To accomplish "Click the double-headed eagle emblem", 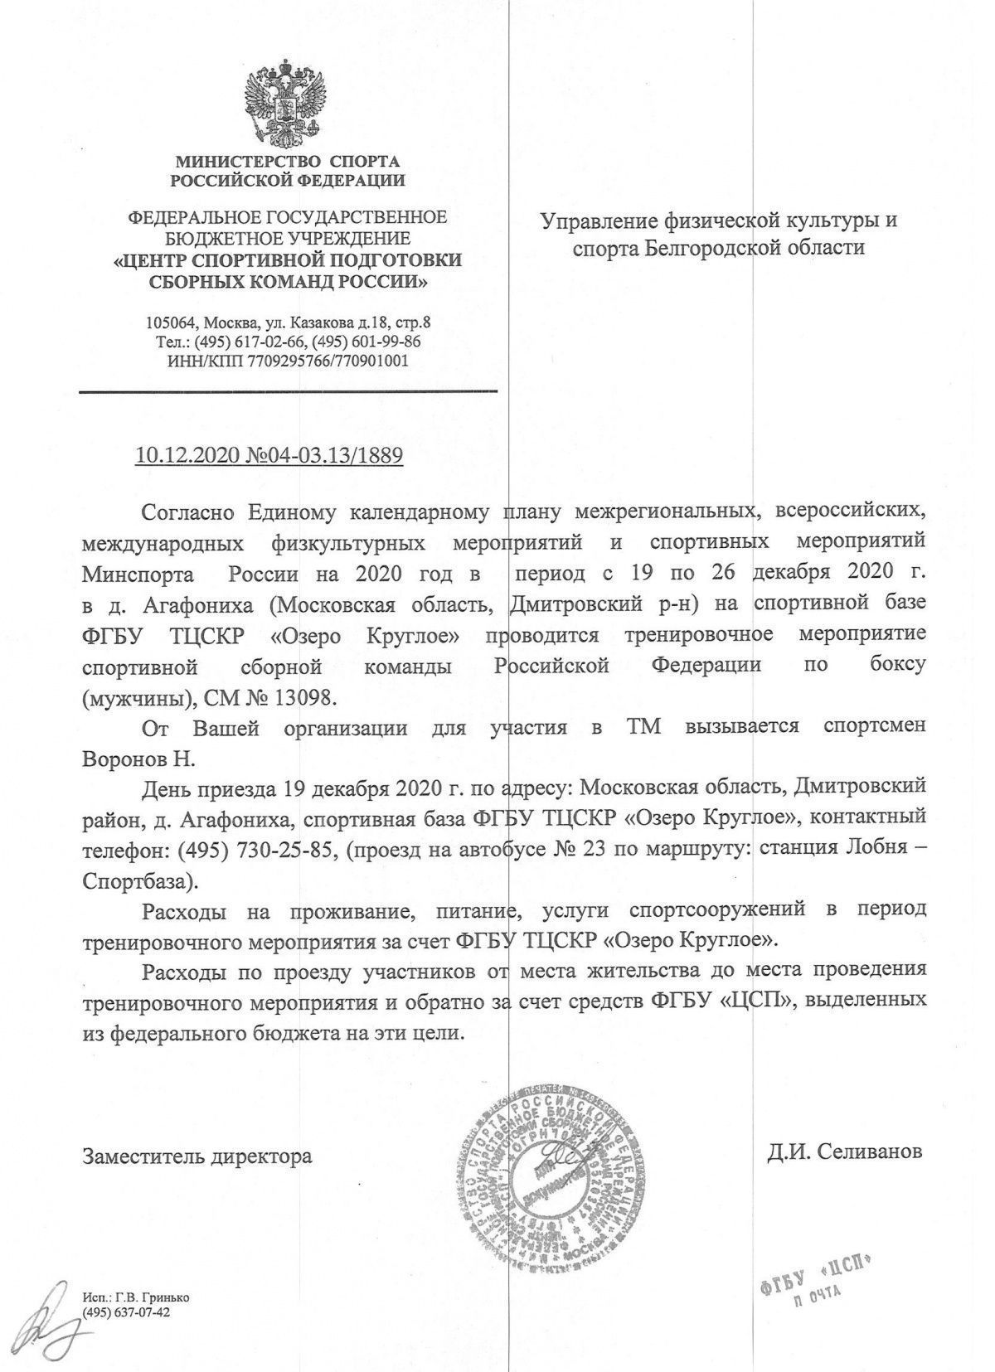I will point(286,96).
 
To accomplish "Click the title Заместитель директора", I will point(197,1156).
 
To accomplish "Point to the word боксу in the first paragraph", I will point(893,667).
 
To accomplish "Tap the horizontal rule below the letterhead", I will point(288,390).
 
